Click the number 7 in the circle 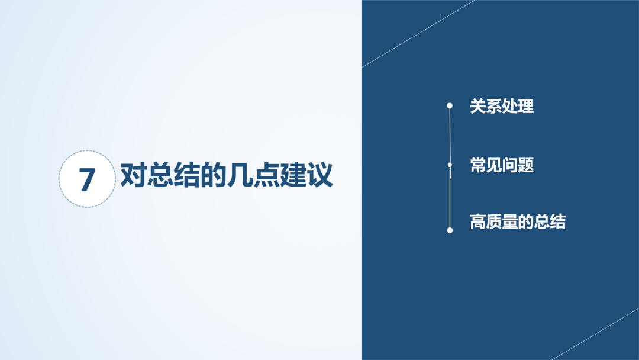[x=87, y=179]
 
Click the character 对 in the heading [x=134, y=175]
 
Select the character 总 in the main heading [x=160, y=175]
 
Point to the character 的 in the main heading [x=213, y=175]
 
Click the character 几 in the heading [x=240, y=175]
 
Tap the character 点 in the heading [x=266, y=175]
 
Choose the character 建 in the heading [x=293, y=175]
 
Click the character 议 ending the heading [x=320, y=175]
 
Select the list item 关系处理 [x=502, y=106]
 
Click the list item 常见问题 [x=502, y=165]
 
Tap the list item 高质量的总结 [x=518, y=222]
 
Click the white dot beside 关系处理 [x=450, y=105]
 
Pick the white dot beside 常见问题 [x=450, y=165]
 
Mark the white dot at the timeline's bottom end [x=450, y=230]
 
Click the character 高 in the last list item [x=477, y=222]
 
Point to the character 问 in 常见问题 [x=510, y=165]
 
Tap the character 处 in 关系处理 [x=510, y=106]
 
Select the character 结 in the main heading [x=186, y=175]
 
